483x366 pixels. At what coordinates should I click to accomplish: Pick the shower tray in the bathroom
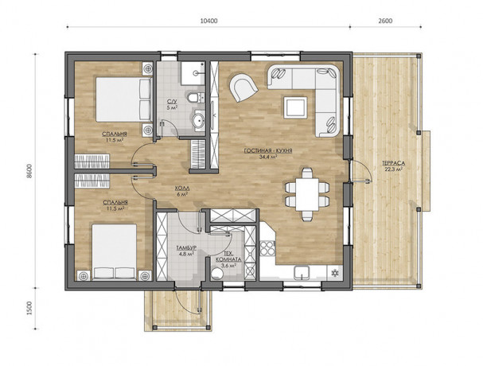pos(189,75)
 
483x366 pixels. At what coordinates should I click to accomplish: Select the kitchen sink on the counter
pos(301,273)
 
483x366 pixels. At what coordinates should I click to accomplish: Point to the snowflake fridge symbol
pos(335,273)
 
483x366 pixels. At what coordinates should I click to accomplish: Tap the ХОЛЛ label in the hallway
pos(182,189)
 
